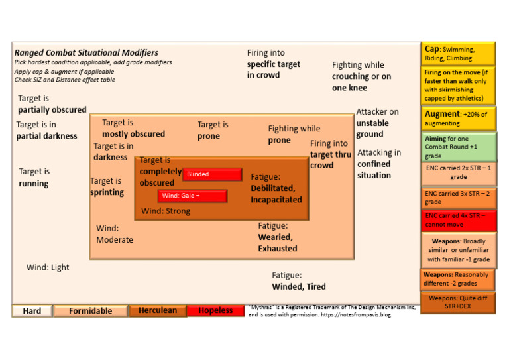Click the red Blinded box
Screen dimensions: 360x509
point(212,174)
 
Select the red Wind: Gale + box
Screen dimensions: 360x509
point(192,196)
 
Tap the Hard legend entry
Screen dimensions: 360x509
point(32,310)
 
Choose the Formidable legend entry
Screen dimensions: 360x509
point(90,310)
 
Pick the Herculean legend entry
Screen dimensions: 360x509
point(158,310)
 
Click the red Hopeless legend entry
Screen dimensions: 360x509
point(215,310)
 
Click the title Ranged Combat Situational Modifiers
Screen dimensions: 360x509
point(86,52)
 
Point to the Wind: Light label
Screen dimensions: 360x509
point(48,267)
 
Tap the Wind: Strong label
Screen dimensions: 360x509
point(166,211)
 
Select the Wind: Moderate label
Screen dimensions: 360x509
point(115,234)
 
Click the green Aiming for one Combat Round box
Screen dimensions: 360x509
point(458,147)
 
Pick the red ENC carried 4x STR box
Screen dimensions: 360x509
point(458,220)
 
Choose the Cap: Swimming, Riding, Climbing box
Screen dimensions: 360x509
point(458,53)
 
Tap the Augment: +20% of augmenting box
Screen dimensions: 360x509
point(458,119)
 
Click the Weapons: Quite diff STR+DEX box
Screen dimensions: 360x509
point(457,302)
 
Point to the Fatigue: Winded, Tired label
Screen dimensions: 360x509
point(299,281)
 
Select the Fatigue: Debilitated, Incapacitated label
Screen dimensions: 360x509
point(276,188)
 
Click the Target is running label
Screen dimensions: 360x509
point(34,178)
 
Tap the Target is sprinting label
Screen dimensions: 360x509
point(107,186)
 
